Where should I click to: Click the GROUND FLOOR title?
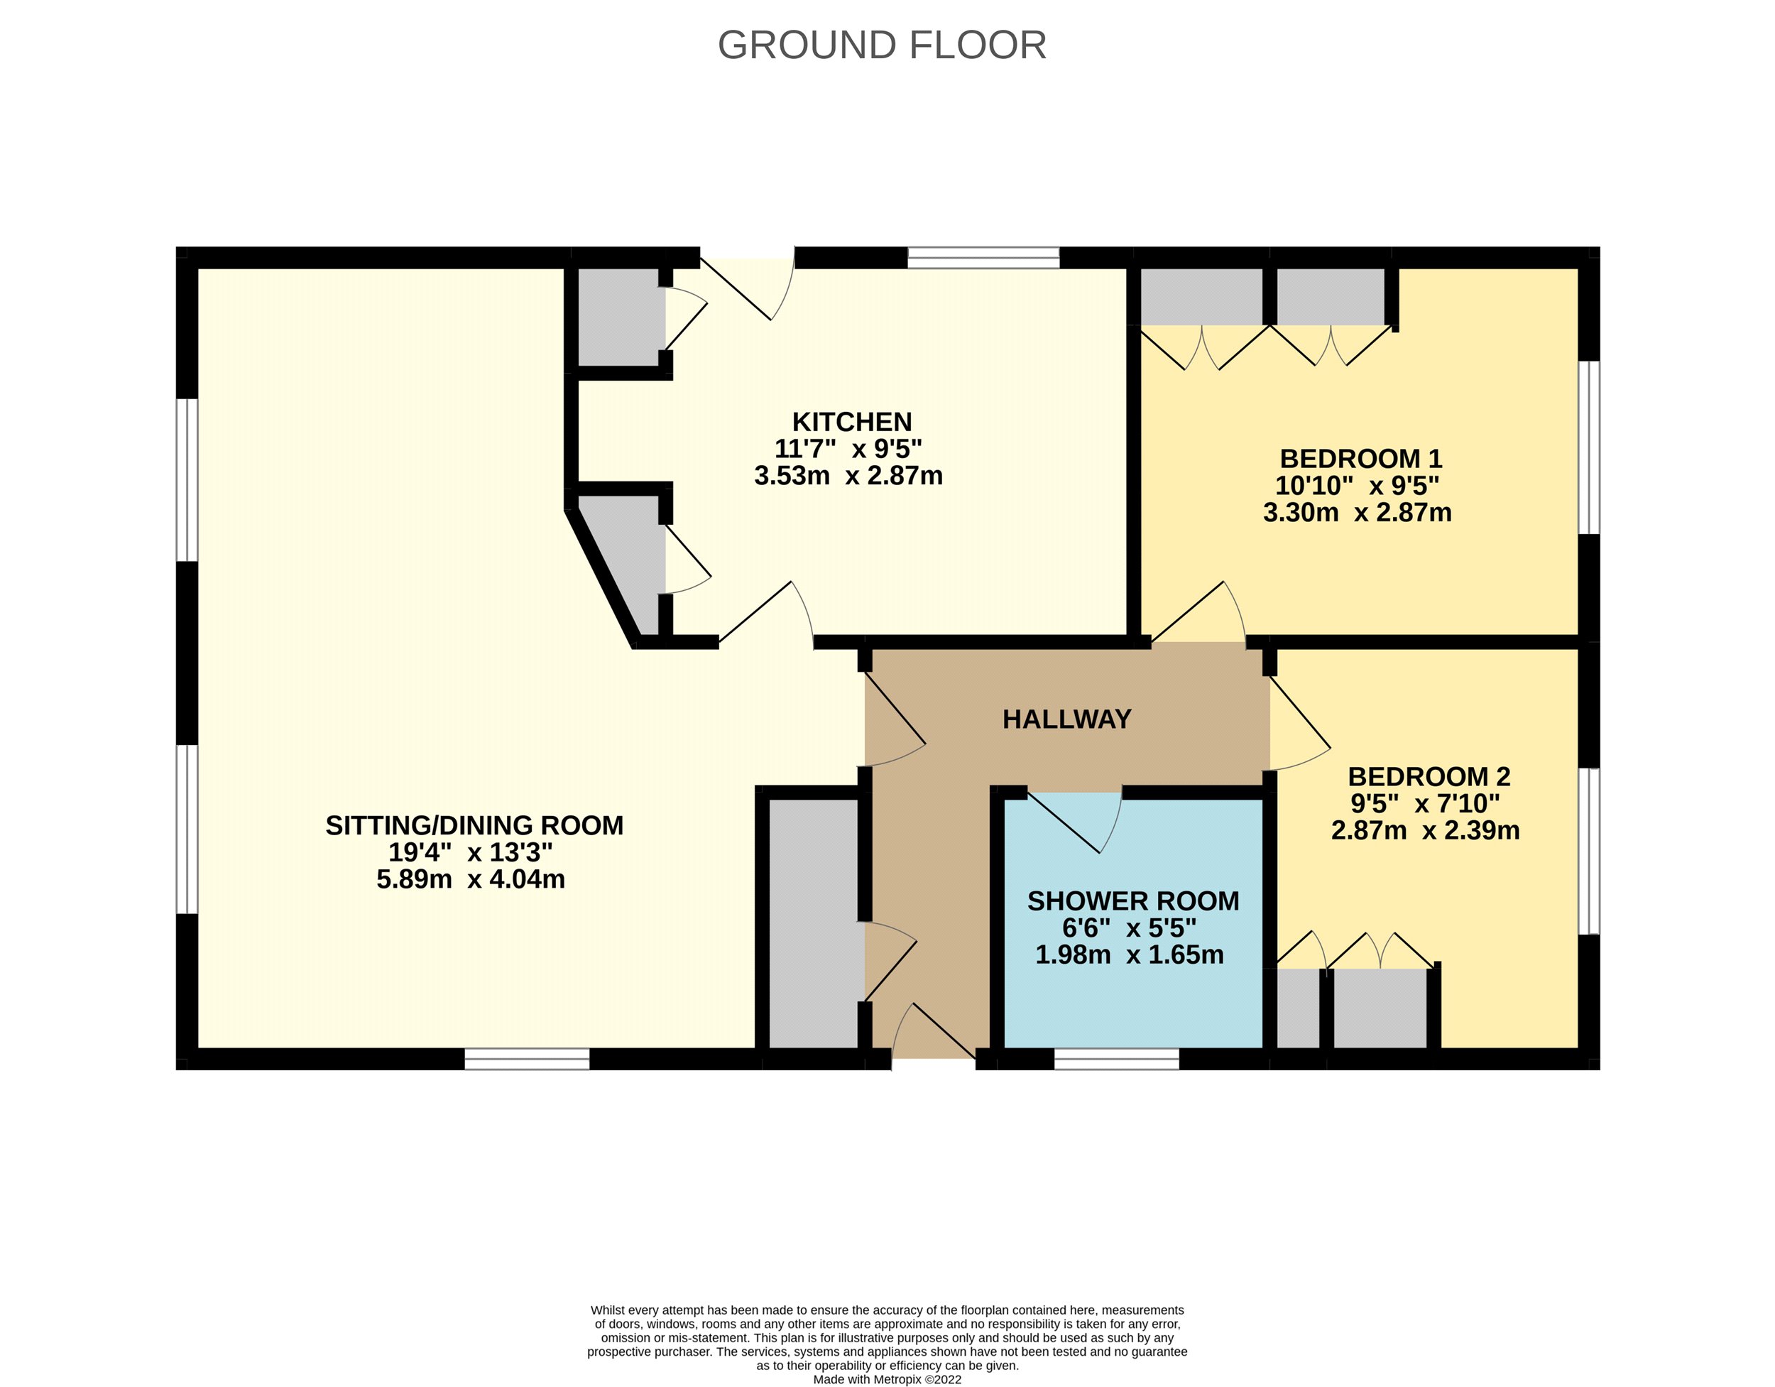pyautogui.click(x=882, y=45)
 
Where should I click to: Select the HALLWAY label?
pyautogui.click(x=1066, y=719)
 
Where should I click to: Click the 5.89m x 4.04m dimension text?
pyautogui.click(x=471, y=879)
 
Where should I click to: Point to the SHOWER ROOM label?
pyautogui.click(x=1133, y=901)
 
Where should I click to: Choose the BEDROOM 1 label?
pyautogui.click(x=1360, y=459)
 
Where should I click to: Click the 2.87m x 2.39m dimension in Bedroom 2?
pyautogui.click(x=1425, y=830)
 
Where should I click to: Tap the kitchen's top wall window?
pyautogui.click(x=983, y=259)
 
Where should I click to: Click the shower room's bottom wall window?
pyautogui.click(x=1116, y=1059)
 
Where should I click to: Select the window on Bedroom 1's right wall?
pyautogui.click(x=1589, y=447)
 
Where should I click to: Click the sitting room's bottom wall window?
pyautogui.click(x=527, y=1059)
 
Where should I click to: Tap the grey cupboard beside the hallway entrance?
pyautogui.click(x=813, y=923)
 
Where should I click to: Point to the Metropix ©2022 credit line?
pyautogui.click(x=887, y=1379)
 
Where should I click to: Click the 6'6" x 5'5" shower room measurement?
pyautogui.click(x=1129, y=928)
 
